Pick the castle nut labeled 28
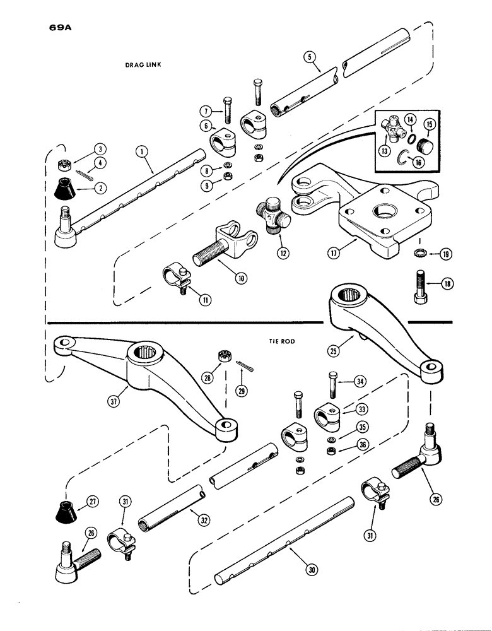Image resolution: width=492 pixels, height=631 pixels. coord(223,357)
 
